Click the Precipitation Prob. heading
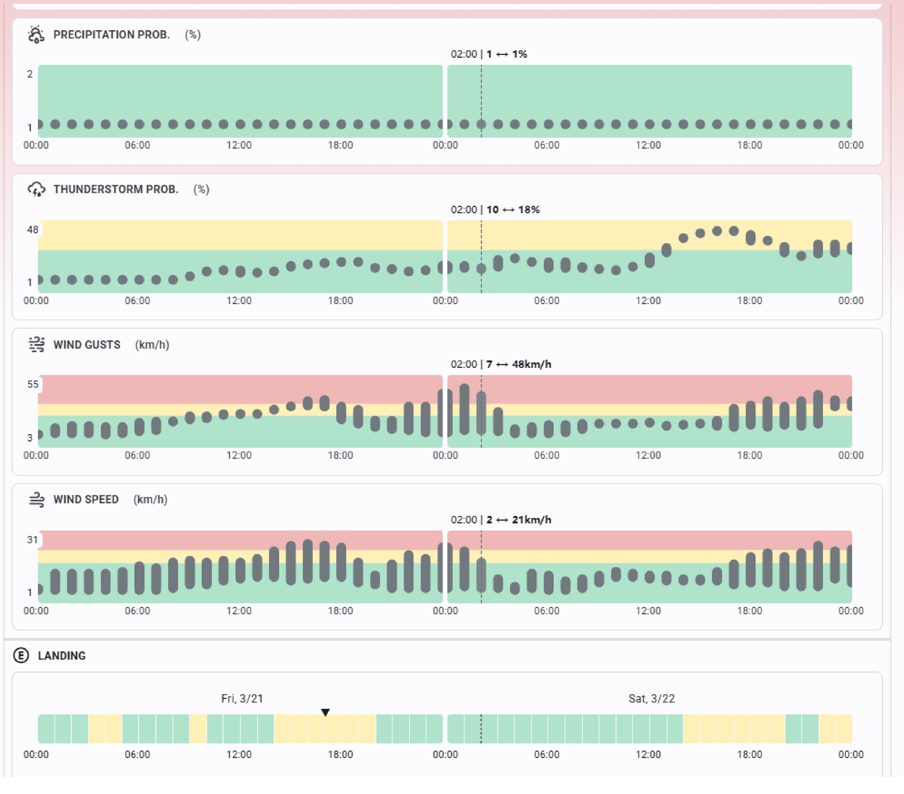(112, 35)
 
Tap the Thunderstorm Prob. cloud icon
(36, 189)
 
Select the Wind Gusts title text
(87, 345)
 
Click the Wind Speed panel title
(86, 499)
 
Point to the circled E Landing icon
(21, 655)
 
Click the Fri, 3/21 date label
(242, 698)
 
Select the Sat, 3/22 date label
(651, 698)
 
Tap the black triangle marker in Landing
(325, 712)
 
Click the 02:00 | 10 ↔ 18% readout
(495, 210)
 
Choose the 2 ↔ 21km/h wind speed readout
(518, 520)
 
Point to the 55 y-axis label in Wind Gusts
(33, 384)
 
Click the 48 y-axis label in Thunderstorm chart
(33, 230)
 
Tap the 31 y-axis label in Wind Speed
(33, 540)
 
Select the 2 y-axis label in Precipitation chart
(30, 74)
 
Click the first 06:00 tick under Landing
(137, 754)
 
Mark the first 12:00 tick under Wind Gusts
(239, 455)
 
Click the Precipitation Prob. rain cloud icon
(36, 35)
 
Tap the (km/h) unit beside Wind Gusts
(152, 345)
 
